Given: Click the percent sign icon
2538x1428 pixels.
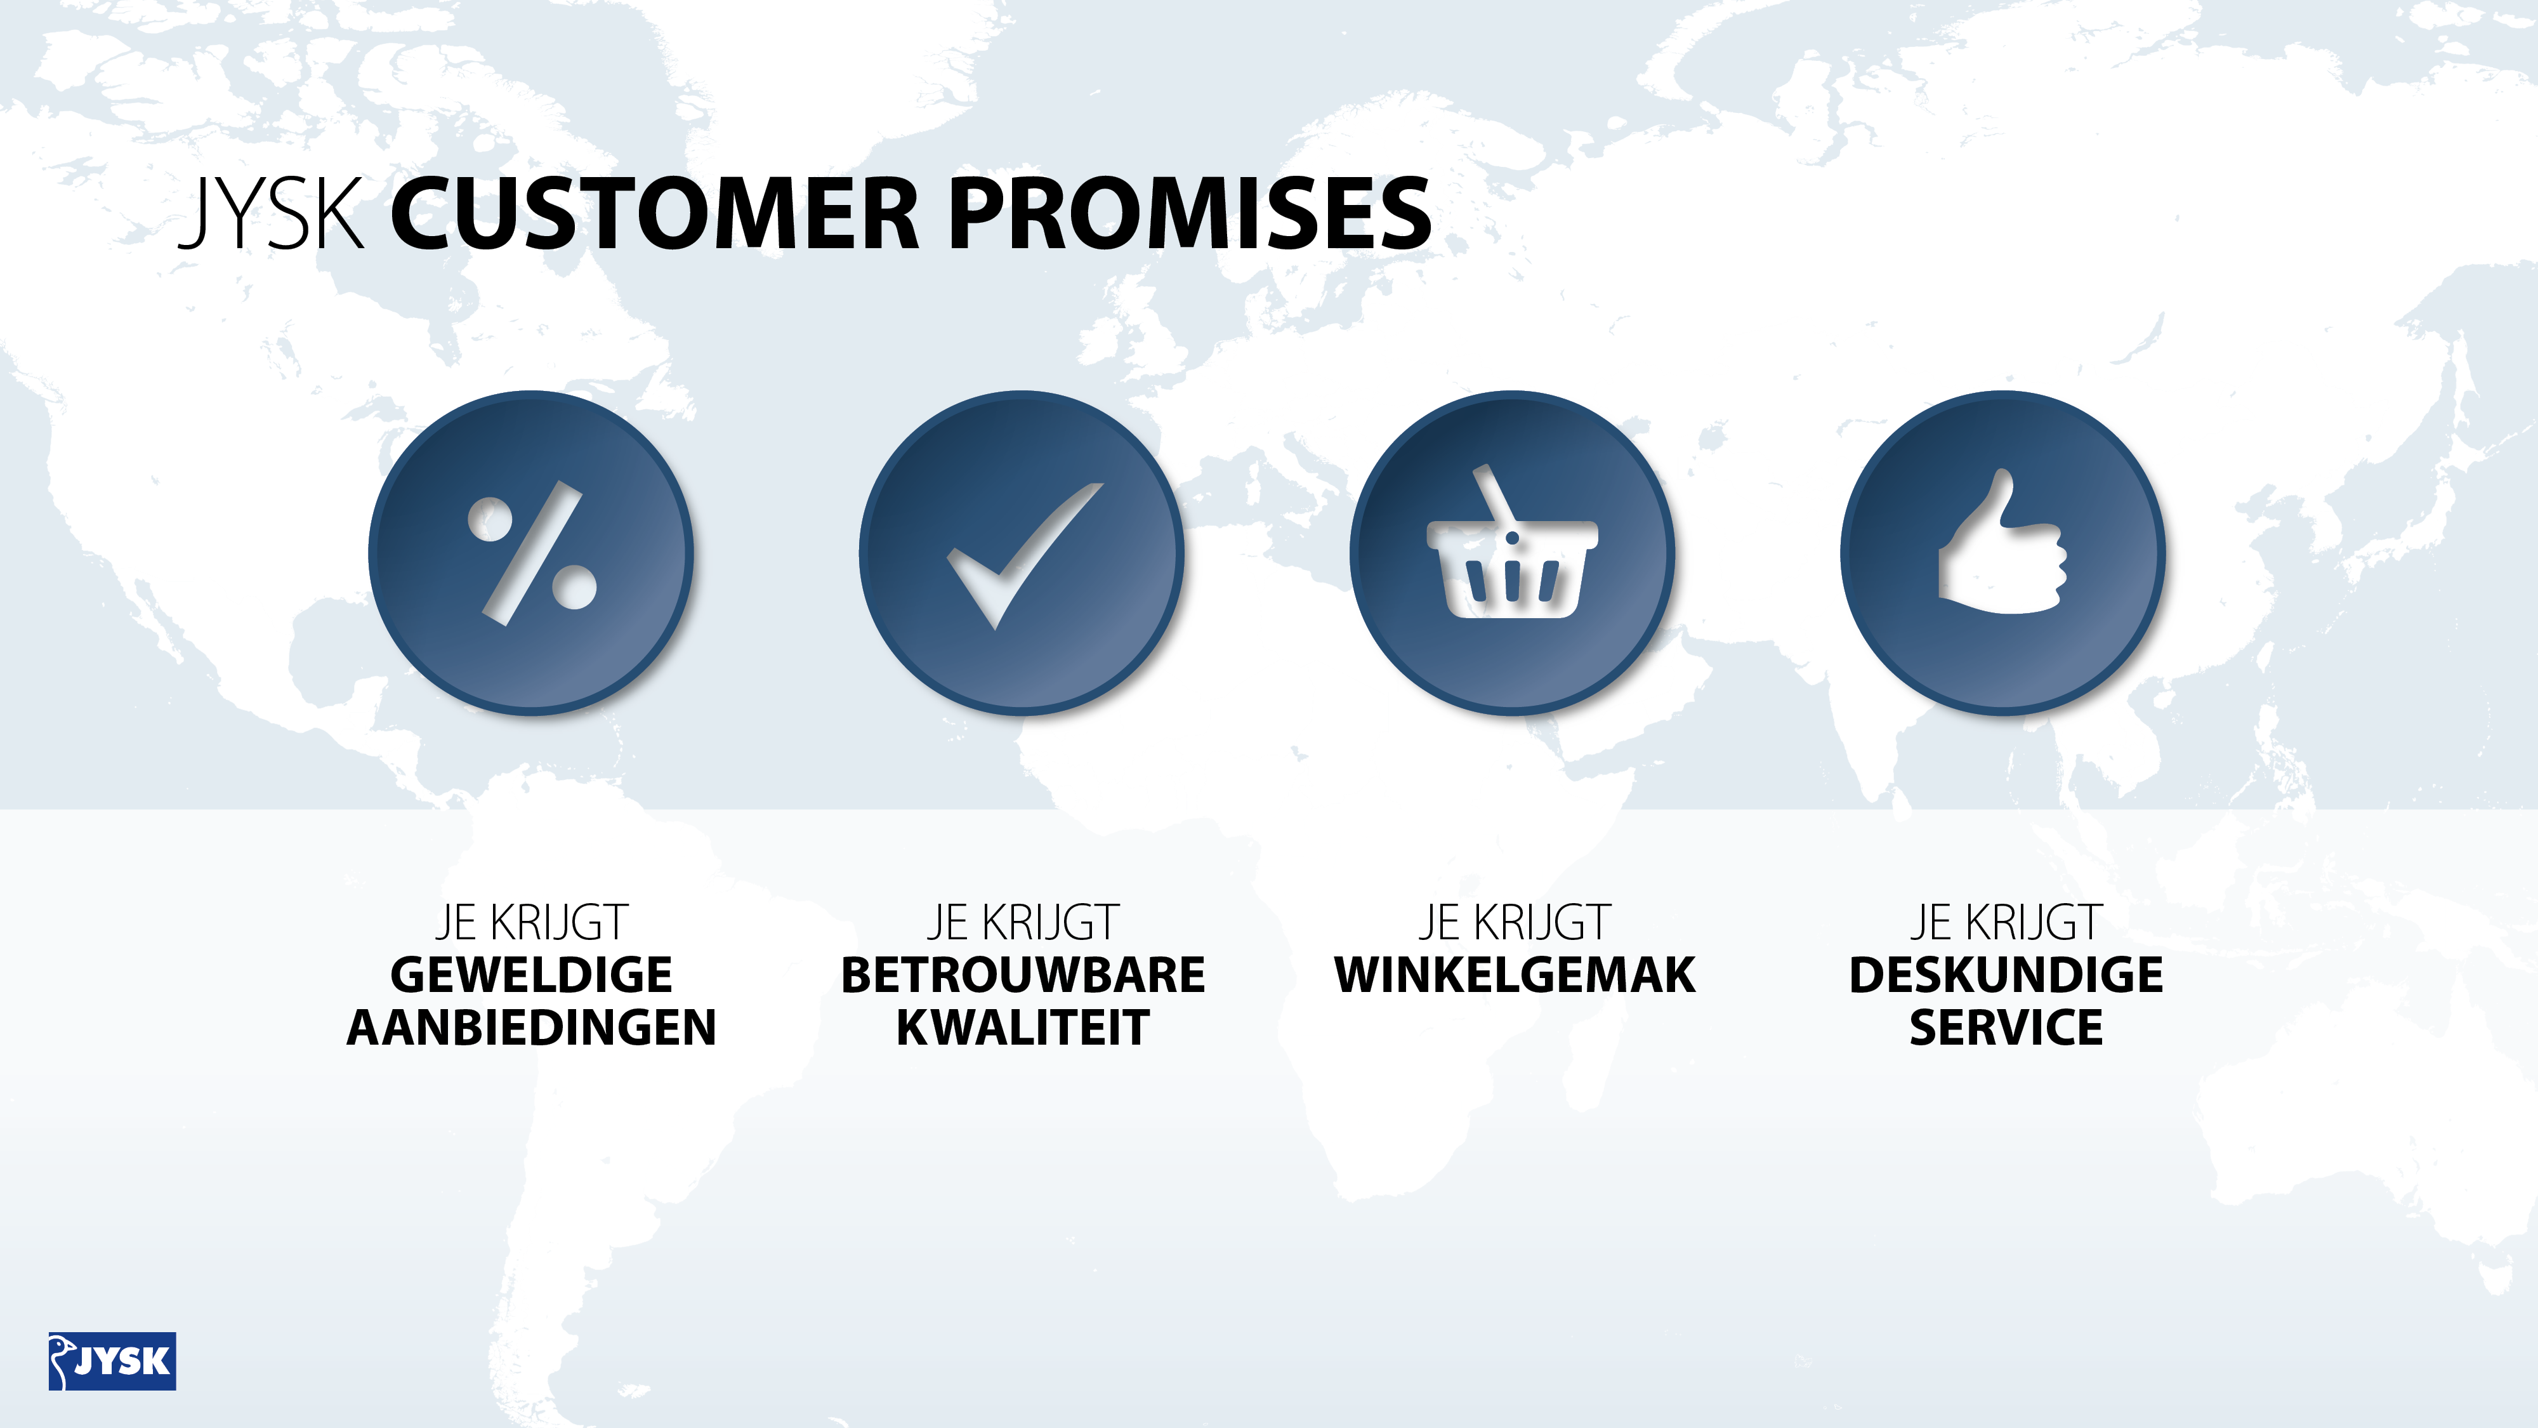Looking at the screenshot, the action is tap(532, 553).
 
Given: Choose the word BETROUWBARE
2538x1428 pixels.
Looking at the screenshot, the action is tap(1023, 975).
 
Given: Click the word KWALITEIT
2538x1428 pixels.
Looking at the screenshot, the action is tap(1023, 1028).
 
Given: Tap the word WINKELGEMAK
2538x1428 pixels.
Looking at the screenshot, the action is tap(1515, 975).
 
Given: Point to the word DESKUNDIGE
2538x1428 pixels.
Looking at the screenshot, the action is tap(2006, 975).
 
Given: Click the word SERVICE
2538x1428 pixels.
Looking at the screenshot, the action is tap(2006, 1028).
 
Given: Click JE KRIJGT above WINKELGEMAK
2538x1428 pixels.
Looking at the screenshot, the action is tap(1515, 923).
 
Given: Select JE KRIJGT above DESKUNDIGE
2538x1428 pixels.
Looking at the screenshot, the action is tap(2006, 923).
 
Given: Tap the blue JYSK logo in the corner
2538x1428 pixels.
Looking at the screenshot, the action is tap(112, 1361).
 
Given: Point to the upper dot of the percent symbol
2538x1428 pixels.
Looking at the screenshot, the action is tap(490, 519).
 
